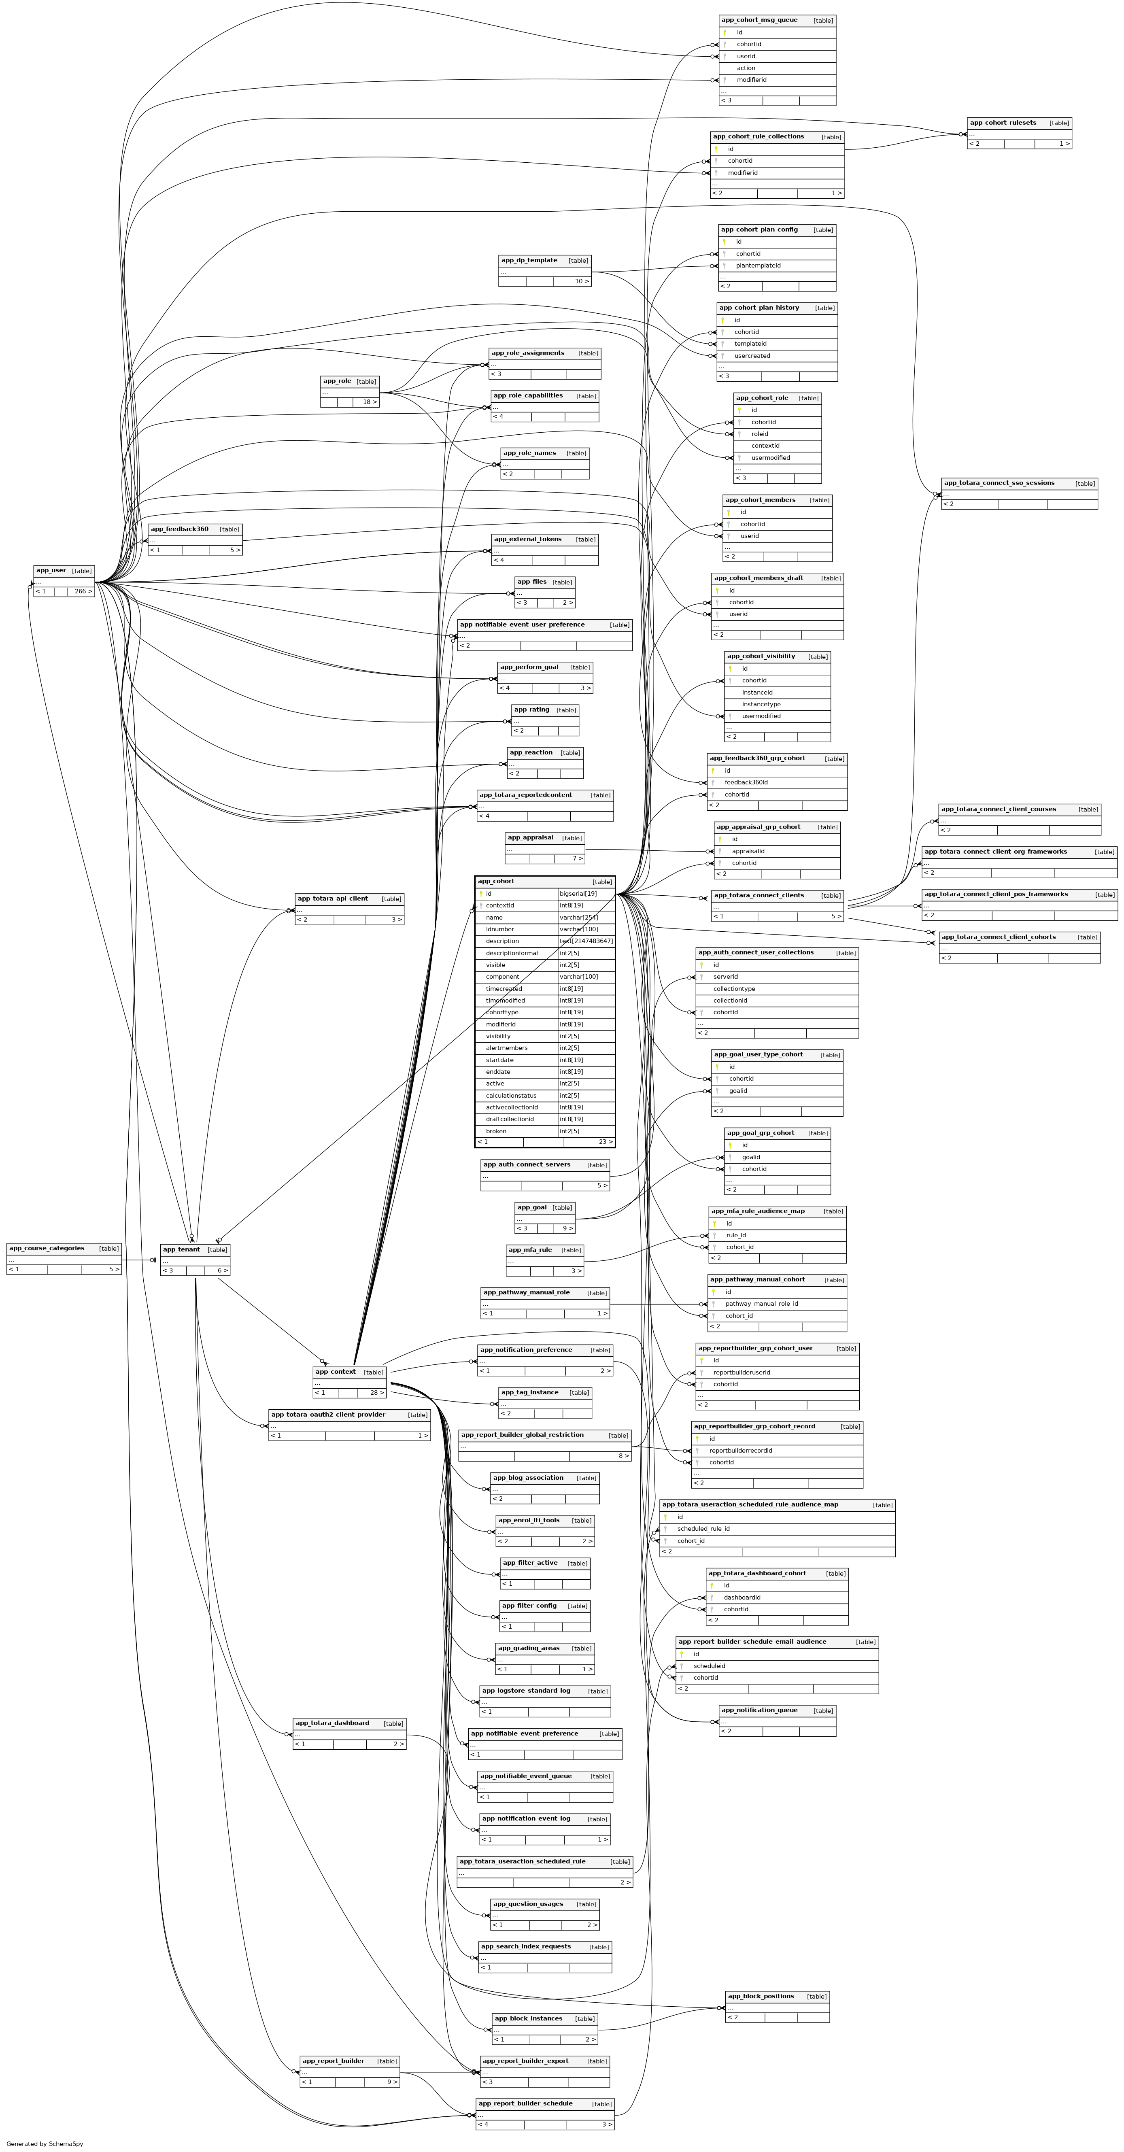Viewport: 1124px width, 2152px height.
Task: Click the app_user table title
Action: tap(51, 571)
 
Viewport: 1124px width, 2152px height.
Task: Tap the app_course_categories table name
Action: tap(47, 1248)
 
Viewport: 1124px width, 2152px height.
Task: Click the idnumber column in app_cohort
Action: tap(500, 929)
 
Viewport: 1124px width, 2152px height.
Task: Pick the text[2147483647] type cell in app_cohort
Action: tap(586, 941)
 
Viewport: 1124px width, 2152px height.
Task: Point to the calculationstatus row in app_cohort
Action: tap(511, 1095)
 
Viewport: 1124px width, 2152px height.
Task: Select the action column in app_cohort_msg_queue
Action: tap(746, 68)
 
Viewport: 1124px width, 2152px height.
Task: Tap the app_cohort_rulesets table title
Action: tap(1002, 123)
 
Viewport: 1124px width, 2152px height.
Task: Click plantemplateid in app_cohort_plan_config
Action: tap(758, 266)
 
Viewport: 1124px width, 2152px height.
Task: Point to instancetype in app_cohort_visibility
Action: tap(761, 704)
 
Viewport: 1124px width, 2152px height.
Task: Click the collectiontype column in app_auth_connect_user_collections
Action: tap(734, 988)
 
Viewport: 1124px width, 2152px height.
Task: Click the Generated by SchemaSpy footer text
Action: tap(44, 2144)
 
